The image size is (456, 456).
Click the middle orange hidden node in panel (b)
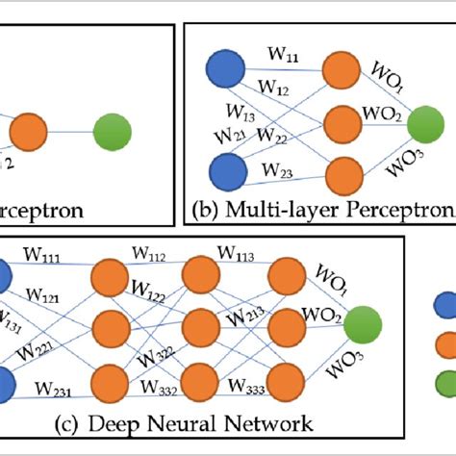(341, 124)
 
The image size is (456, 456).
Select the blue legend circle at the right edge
(448, 306)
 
